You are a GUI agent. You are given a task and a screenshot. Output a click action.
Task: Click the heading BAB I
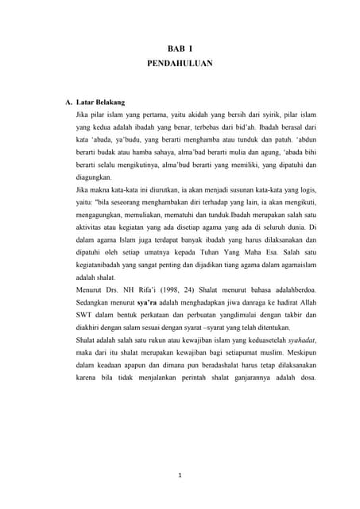click(180, 52)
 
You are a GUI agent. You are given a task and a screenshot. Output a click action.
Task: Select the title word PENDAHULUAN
click(180, 69)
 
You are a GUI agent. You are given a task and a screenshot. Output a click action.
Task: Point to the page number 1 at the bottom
click(180, 476)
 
